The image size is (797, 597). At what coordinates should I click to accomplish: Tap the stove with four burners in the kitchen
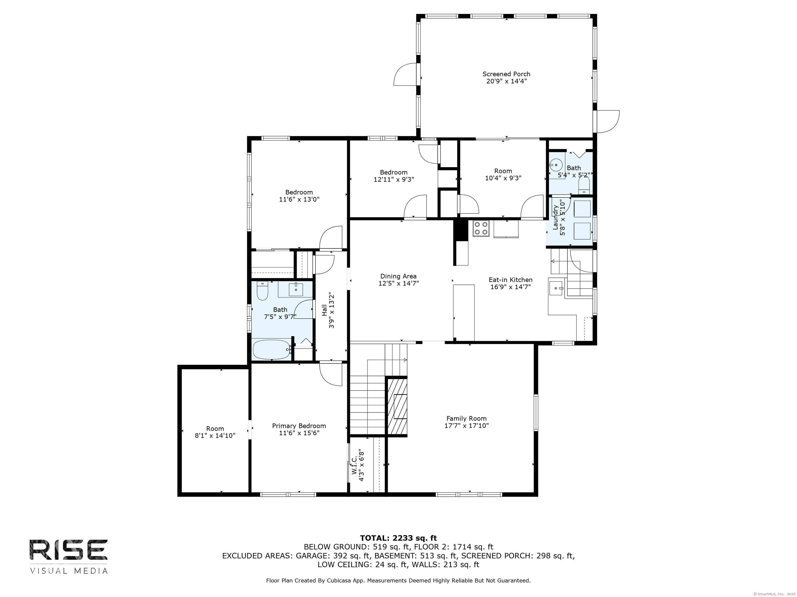pyautogui.click(x=481, y=228)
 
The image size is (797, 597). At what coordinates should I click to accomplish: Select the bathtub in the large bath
pyautogui.click(x=271, y=350)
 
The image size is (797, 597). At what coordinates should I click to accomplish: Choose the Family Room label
pyautogui.click(x=466, y=418)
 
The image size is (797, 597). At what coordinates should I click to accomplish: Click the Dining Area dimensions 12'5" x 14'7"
pyautogui.click(x=398, y=283)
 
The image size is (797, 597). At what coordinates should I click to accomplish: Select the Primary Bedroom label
pyautogui.click(x=299, y=426)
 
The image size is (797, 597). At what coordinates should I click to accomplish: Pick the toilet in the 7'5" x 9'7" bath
pyautogui.click(x=262, y=290)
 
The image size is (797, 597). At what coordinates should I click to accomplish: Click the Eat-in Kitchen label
pyautogui.click(x=510, y=280)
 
